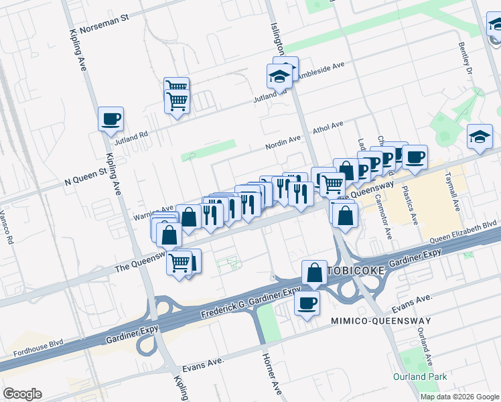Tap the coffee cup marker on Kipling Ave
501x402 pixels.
(x=111, y=119)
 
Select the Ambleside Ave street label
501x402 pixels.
(x=321, y=70)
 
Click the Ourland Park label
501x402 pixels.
(x=420, y=377)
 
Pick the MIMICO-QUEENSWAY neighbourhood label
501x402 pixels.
(x=380, y=322)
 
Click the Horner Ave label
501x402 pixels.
(x=271, y=374)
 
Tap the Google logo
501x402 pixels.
(x=22, y=394)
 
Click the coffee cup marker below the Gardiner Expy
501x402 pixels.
(x=307, y=304)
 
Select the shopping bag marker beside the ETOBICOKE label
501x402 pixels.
(x=314, y=272)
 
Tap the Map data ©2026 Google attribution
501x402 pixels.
(x=459, y=397)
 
